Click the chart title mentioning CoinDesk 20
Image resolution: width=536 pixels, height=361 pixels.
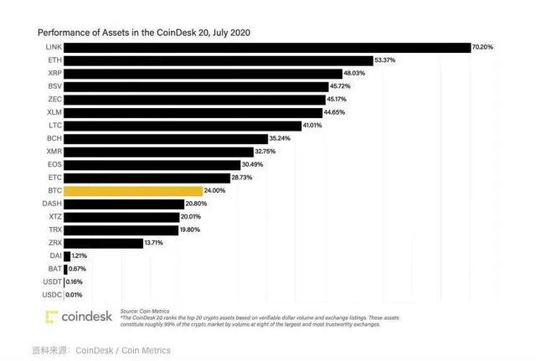pos(143,32)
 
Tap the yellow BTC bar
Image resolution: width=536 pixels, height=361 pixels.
pos(132,191)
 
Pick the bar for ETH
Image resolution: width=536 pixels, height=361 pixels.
pos(218,61)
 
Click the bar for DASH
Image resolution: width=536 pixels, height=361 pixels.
pos(123,204)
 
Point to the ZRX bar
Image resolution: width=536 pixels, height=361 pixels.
pos(103,243)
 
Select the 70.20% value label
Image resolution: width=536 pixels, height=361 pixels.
pos(483,48)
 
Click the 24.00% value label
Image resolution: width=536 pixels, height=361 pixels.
pos(215,191)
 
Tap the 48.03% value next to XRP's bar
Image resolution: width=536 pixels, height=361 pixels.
pos(354,74)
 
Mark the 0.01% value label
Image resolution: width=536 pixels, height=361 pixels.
pos(75,295)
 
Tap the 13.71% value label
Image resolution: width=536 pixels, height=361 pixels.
pos(155,243)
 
